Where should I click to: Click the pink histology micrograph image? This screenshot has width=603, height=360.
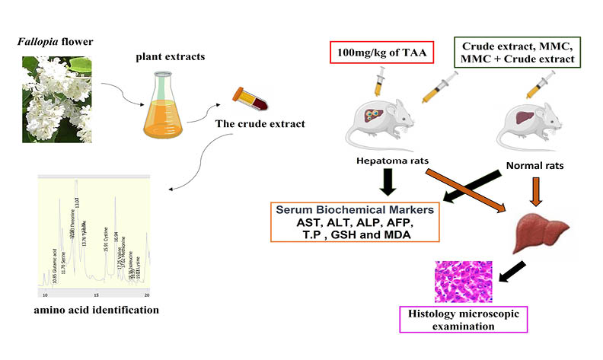point(463,282)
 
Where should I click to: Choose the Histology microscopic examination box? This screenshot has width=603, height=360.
point(454,319)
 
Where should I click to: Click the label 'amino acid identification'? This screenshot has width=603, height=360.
point(90,310)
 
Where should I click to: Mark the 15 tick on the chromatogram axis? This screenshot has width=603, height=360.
point(96,294)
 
